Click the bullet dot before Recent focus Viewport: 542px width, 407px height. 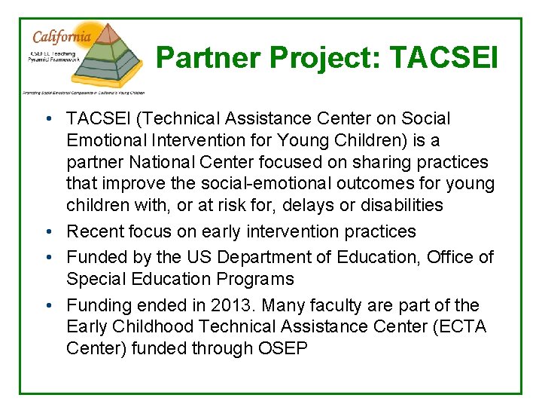click(47, 232)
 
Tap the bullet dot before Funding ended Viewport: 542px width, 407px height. click(47, 306)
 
